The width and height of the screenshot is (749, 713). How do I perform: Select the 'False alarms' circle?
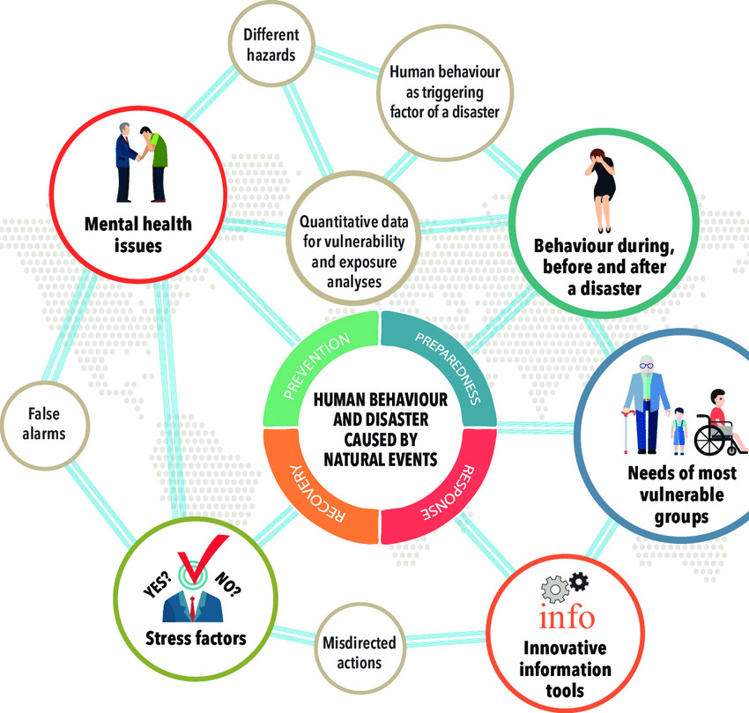[46, 422]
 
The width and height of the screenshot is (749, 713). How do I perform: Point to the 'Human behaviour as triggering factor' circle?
[445, 92]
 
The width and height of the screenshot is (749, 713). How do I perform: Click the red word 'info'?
[567, 613]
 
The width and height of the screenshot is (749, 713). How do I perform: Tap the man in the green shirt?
[156, 163]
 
